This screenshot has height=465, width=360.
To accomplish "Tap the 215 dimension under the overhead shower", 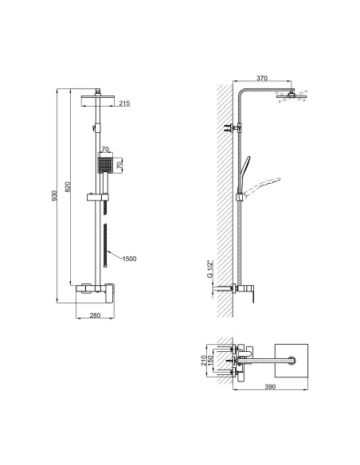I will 124,104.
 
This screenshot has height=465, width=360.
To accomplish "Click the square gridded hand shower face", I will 102,167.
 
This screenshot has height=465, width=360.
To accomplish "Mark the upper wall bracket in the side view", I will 232,127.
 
